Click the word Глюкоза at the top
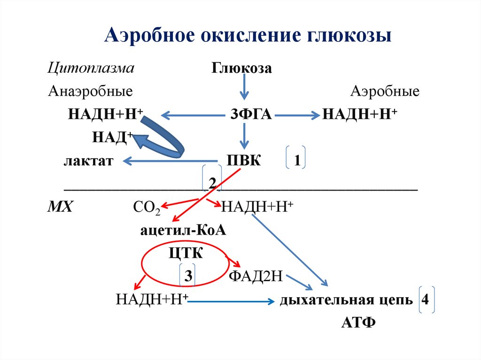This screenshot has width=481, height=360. (x=241, y=69)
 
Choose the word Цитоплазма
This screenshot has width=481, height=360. (x=91, y=68)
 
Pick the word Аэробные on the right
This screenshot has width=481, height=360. (x=385, y=91)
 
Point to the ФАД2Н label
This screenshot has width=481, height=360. (x=255, y=276)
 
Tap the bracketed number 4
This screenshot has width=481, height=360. (x=426, y=299)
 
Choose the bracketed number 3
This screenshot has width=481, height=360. (x=187, y=276)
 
